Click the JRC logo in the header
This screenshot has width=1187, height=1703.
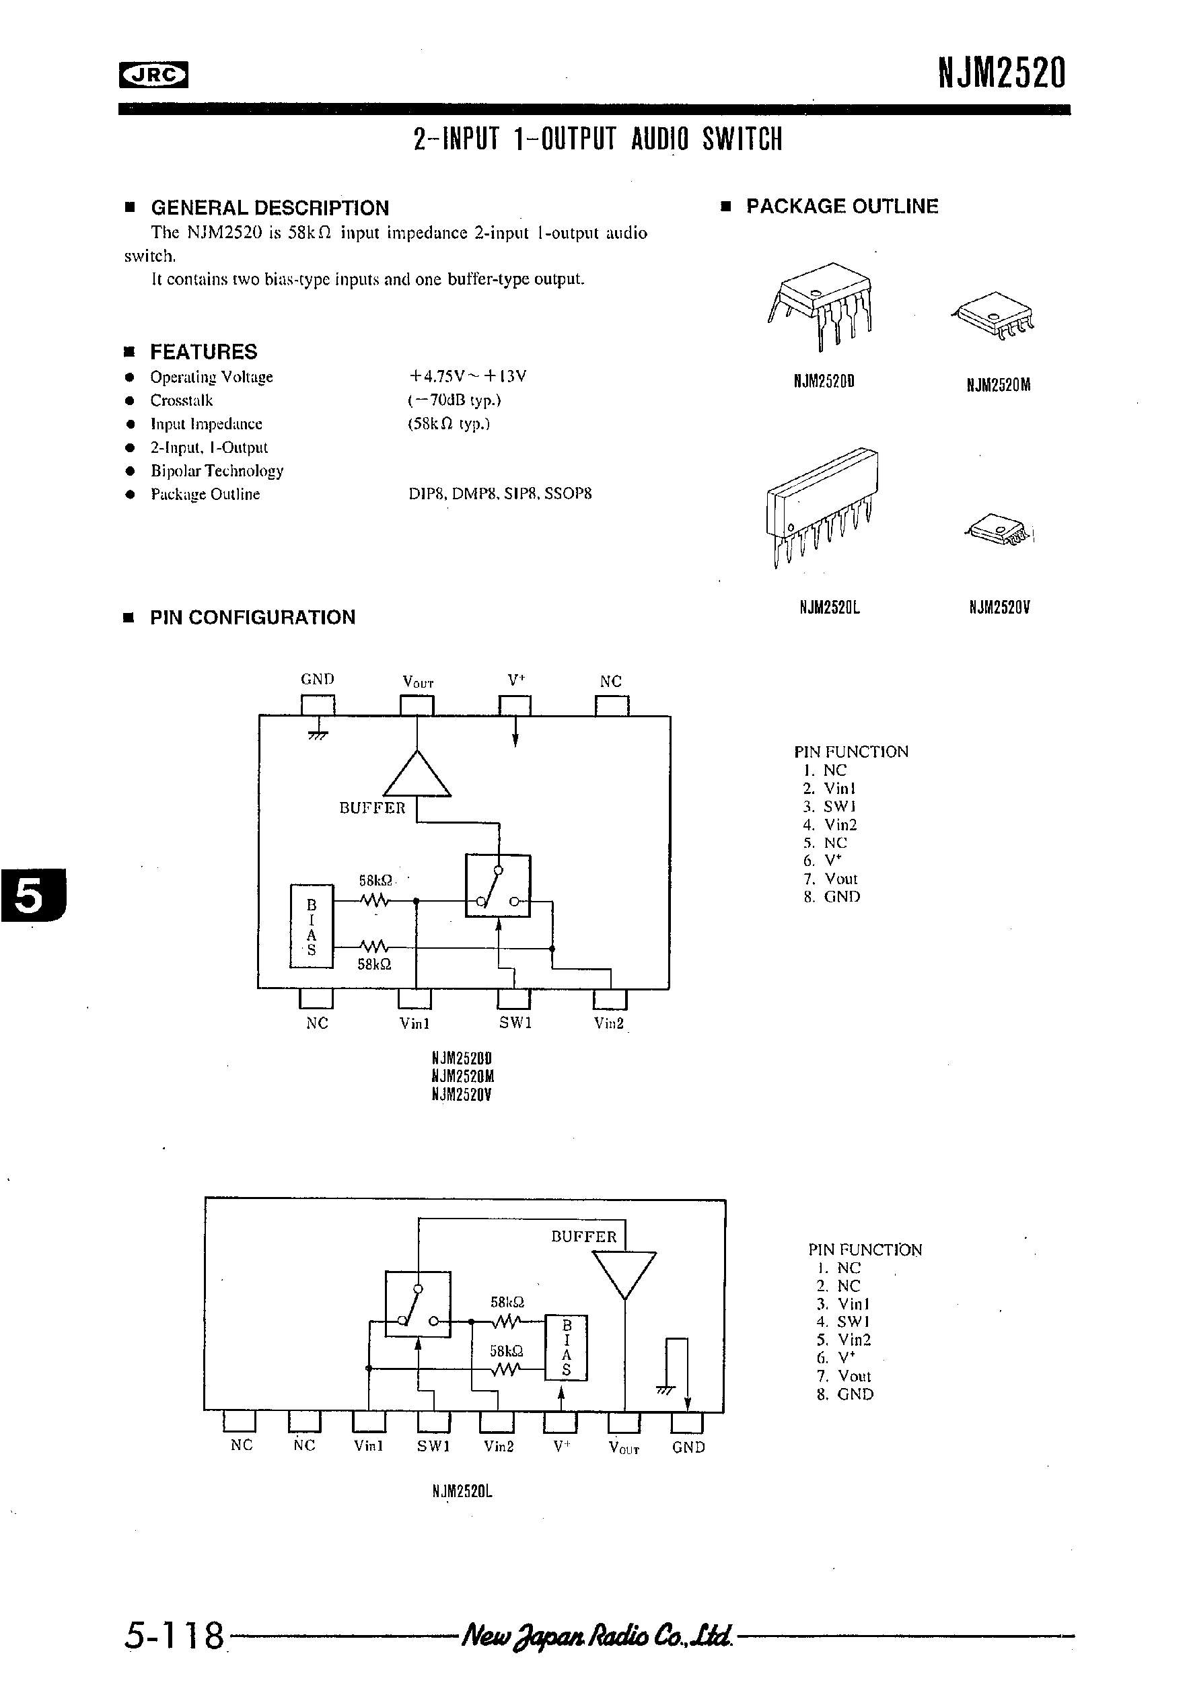point(153,74)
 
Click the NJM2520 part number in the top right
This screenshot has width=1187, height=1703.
point(1001,73)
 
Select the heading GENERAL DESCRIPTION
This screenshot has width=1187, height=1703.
point(269,208)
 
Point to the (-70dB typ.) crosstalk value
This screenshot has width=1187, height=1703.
point(454,400)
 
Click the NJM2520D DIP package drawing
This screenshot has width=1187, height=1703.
point(821,304)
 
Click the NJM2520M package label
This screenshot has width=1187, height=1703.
point(999,385)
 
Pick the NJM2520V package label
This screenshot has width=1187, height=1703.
point(999,608)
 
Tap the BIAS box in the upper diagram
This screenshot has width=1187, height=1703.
point(312,926)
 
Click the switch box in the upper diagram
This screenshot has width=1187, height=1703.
point(498,885)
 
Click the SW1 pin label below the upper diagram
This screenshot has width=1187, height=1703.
point(515,1023)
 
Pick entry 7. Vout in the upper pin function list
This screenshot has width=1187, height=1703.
point(831,879)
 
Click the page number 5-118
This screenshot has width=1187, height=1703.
point(175,1635)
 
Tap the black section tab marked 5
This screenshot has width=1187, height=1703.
point(33,896)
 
